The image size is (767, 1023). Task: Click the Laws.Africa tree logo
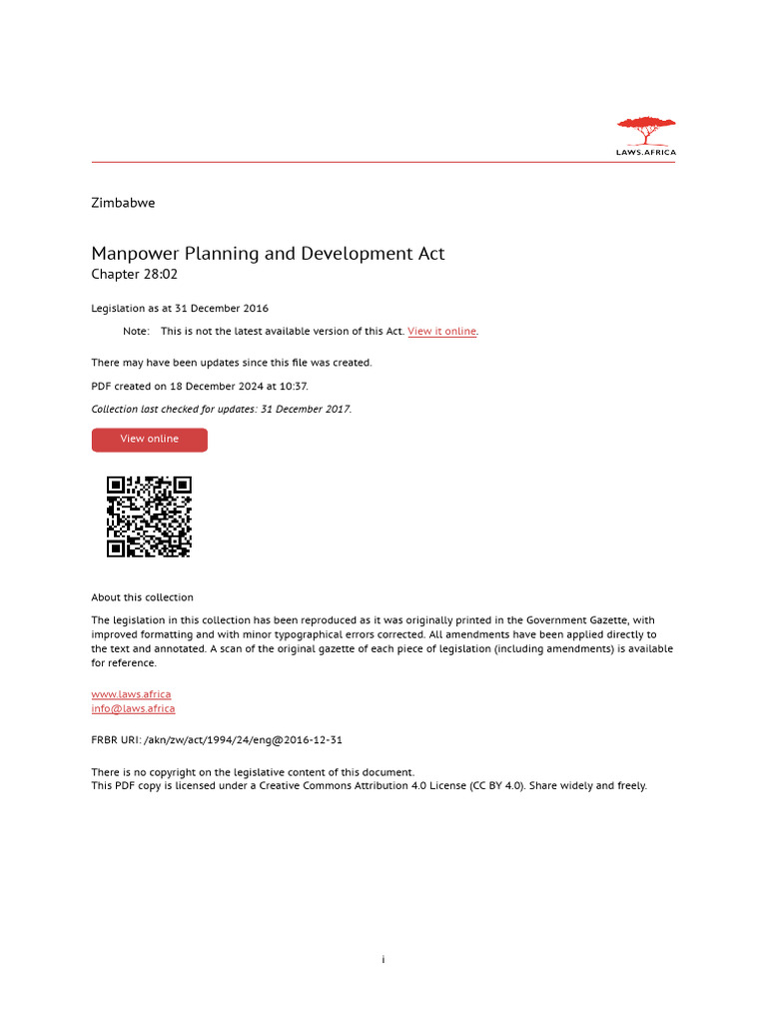pos(646,136)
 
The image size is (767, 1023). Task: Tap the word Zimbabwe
pos(123,203)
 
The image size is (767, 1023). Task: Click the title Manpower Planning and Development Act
pos(268,254)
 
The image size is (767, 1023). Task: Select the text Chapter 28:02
pos(134,275)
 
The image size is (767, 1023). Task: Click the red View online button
pos(149,440)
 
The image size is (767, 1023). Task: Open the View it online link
pos(441,332)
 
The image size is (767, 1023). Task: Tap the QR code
pos(149,516)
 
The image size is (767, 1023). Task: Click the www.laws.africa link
pos(131,694)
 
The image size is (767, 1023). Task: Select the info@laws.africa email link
pos(133,709)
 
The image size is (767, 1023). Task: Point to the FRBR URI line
pos(217,740)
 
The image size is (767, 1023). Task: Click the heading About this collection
pos(142,597)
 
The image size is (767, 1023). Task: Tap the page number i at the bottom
pos(383,960)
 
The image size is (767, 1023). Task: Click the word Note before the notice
pos(136,332)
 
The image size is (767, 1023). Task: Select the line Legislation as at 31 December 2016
pos(180,309)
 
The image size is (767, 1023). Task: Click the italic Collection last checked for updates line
pos(221,409)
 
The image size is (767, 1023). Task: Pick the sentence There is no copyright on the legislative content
pos(253,772)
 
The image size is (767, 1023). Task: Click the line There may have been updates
pos(232,363)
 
